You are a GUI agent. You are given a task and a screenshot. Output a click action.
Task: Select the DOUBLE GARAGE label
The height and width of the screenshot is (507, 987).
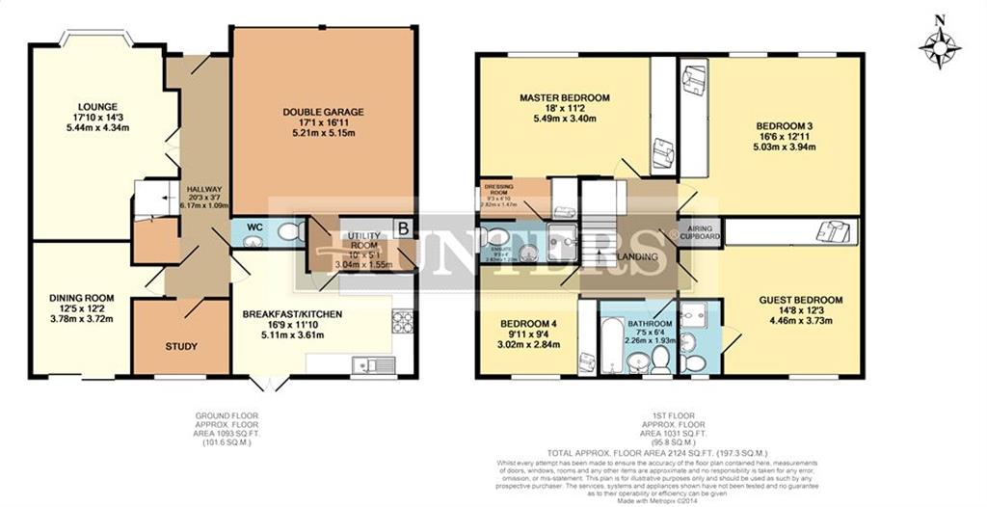tap(323, 112)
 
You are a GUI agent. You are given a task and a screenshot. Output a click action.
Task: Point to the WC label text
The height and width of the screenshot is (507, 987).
tap(254, 227)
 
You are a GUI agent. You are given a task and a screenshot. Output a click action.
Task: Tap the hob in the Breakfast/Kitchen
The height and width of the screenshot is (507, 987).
tap(402, 321)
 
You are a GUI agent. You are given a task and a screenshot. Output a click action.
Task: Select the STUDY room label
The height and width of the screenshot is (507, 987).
tap(181, 346)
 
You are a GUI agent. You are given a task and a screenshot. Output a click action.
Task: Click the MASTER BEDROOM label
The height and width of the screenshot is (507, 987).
tap(565, 98)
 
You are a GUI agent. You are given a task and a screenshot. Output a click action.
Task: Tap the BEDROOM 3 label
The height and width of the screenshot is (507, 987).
tap(784, 126)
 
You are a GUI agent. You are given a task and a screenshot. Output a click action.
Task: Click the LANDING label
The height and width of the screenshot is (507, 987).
tap(638, 257)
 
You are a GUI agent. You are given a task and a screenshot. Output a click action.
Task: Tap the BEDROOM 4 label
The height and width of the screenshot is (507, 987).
tap(527, 324)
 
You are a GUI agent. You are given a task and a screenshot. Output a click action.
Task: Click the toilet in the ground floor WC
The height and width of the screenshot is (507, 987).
tap(297, 232)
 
